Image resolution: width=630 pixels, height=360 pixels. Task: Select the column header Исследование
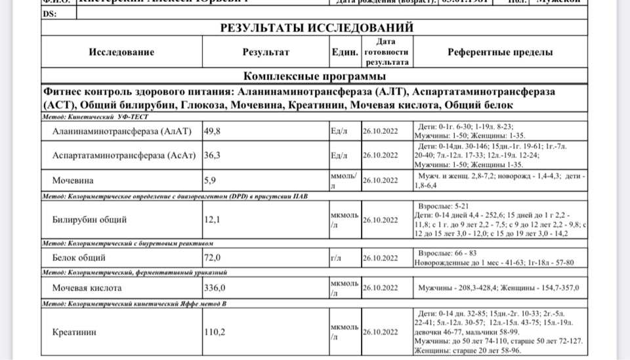pos(121,52)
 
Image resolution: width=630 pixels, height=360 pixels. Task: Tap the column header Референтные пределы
pos(500,52)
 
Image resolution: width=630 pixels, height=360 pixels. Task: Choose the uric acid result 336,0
pos(215,287)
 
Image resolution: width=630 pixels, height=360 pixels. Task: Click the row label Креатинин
pos(74,332)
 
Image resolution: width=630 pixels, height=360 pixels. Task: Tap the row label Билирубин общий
pos(89,220)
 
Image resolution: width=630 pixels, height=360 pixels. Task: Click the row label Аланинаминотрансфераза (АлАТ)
pos(121,131)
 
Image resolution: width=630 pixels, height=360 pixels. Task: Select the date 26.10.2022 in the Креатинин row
pos(380,332)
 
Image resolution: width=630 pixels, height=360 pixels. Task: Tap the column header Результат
pos(266,52)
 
